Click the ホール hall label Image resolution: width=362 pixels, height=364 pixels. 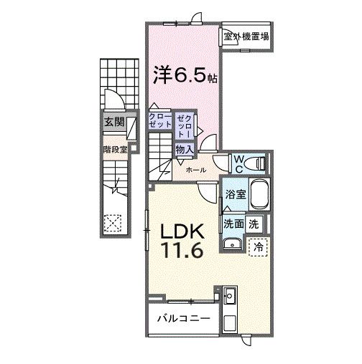[196, 170]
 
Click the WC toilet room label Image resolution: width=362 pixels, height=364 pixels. [238, 163]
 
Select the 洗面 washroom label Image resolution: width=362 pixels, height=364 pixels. [233, 223]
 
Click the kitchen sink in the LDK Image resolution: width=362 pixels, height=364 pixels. [231, 294]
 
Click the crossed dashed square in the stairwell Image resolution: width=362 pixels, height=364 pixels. [111, 222]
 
